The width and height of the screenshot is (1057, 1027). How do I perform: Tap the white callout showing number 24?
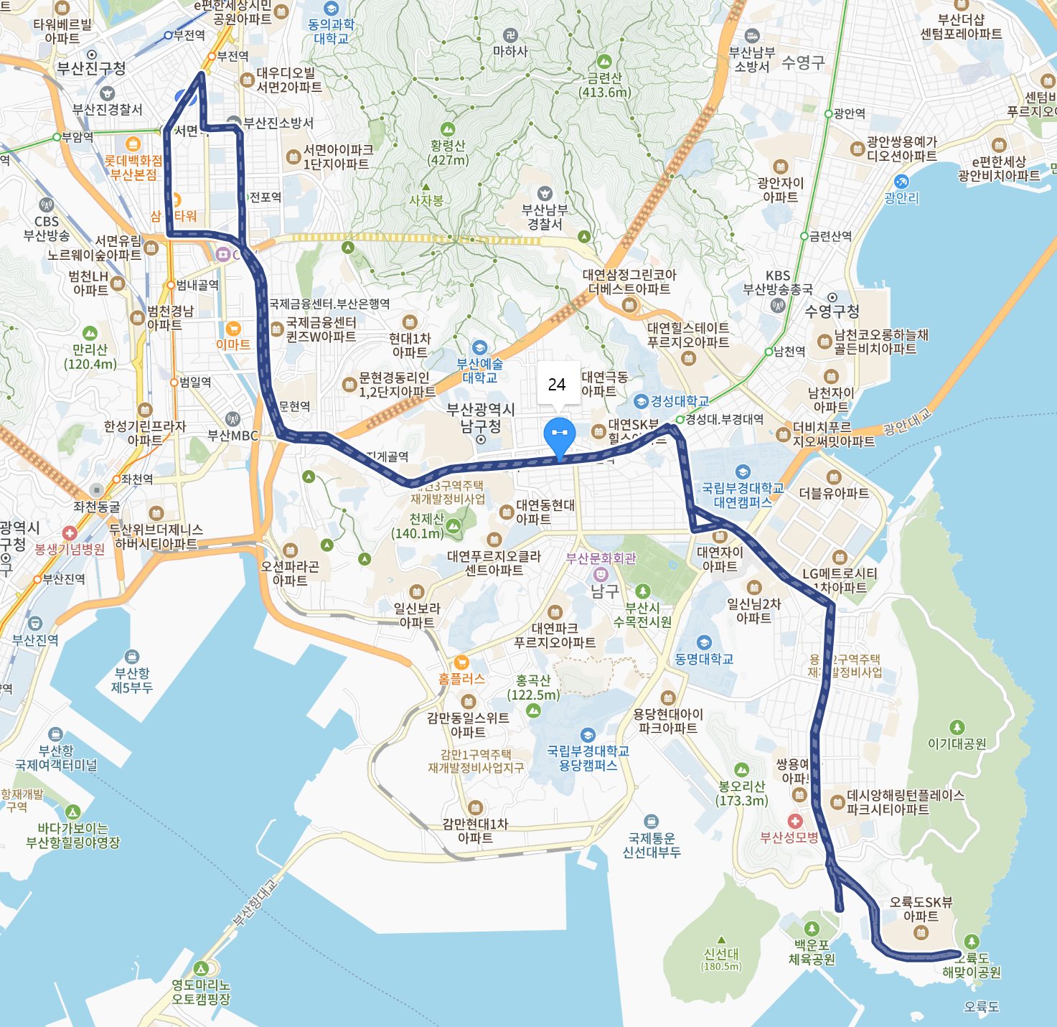557,385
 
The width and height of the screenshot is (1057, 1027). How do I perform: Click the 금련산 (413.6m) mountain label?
605,85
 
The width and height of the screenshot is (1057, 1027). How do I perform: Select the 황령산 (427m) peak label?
448,152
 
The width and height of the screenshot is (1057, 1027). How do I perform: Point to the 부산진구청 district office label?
91,68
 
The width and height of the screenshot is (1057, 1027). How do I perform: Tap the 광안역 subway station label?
849,113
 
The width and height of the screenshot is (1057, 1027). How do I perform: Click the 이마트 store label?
233,344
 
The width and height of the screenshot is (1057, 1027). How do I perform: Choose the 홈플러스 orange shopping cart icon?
461,662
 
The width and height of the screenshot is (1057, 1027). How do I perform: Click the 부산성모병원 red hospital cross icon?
794,820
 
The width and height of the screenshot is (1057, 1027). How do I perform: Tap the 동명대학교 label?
704,659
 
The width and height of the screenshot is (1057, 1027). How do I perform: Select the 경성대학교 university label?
679,401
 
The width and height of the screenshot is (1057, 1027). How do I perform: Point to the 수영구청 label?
832,311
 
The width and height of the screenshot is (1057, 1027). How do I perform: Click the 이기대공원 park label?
957,744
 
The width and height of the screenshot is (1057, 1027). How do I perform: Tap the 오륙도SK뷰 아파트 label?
921,909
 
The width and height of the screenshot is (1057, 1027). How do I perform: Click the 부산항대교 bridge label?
254,903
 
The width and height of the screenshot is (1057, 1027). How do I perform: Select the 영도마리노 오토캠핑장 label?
201,992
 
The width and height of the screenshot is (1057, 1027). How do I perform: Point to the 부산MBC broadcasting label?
232,435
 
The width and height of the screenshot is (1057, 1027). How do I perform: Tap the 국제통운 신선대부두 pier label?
651,845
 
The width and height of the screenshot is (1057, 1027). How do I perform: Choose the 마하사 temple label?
510,52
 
